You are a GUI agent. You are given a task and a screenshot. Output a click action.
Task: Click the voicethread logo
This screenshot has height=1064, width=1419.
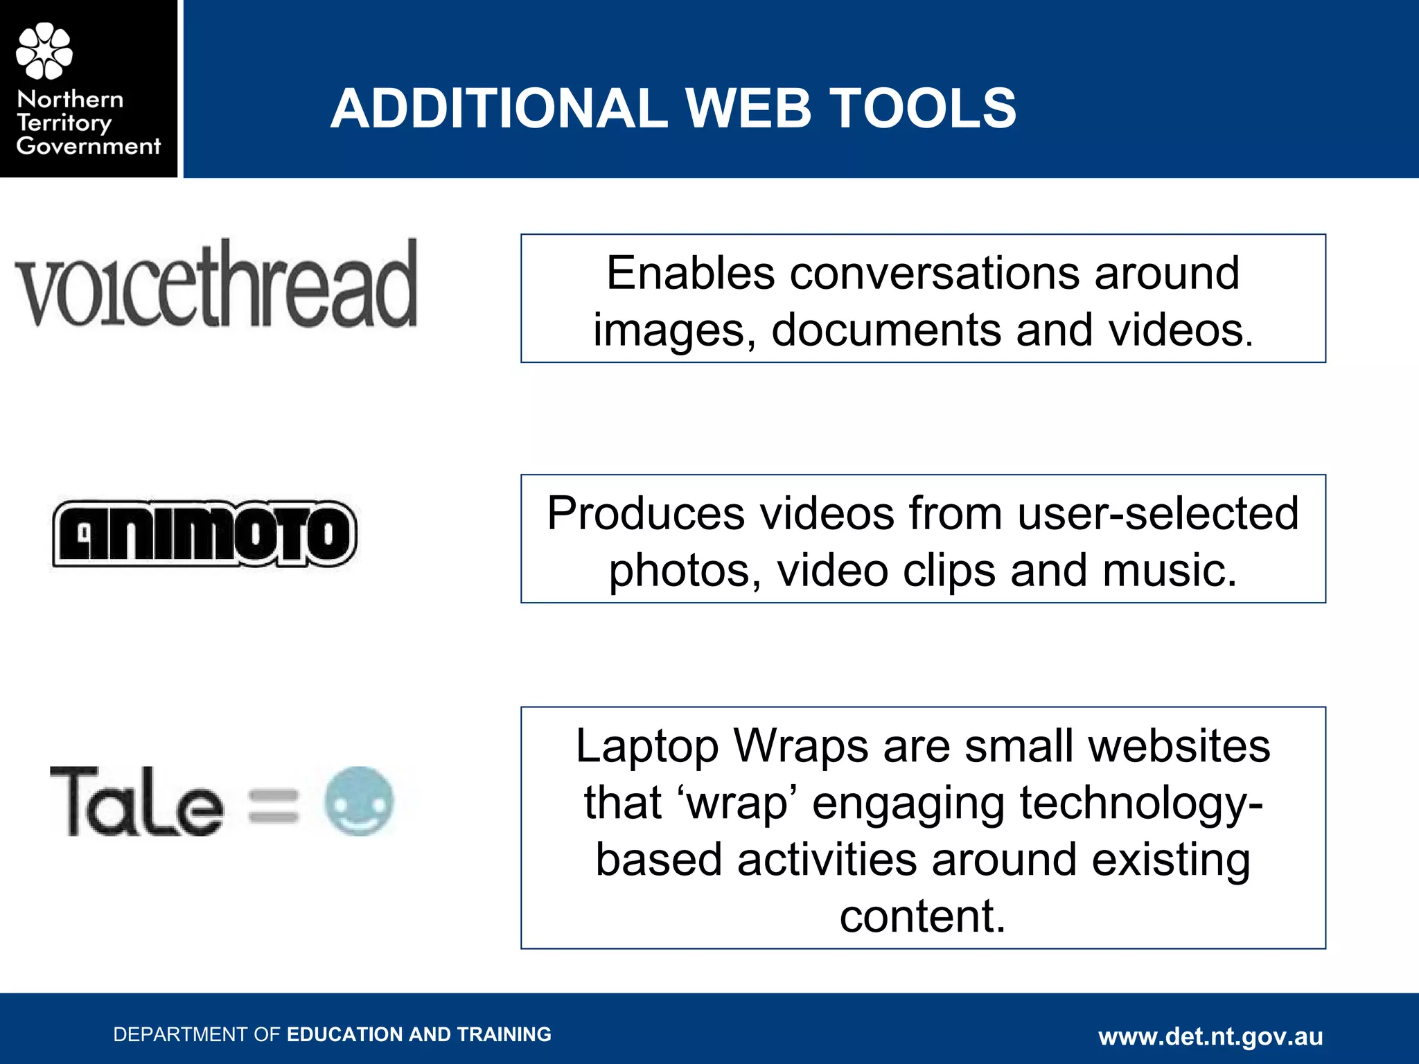tap(216, 284)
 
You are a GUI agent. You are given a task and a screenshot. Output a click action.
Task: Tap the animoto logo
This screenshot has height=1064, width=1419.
tap(205, 533)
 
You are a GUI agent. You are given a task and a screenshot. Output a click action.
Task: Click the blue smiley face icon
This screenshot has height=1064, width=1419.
tap(359, 801)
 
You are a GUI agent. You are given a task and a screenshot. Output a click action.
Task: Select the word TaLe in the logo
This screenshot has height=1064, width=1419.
tap(136, 802)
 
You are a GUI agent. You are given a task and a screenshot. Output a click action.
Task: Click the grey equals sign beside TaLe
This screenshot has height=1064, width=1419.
tap(273, 806)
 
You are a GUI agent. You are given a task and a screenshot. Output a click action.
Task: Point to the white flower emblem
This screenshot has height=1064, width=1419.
tap(44, 51)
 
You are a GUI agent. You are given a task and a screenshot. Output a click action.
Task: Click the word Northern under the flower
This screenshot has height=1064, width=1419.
tap(70, 99)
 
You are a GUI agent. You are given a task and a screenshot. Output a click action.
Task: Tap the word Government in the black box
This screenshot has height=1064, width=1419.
tap(88, 146)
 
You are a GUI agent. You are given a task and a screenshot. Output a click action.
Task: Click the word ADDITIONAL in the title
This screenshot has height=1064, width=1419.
tap(499, 109)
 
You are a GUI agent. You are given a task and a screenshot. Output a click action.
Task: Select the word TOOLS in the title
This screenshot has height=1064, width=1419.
tap(923, 109)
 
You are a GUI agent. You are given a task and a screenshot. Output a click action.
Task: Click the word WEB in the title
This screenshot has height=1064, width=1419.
tap(748, 109)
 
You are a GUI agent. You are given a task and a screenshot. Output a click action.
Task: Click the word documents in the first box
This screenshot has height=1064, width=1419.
tap(886, 330)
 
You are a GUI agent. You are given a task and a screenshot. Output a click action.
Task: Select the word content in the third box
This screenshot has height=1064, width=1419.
tap(922, 916)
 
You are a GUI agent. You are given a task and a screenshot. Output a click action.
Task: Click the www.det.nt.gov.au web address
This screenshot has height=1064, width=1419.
tap(1210, 1036)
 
